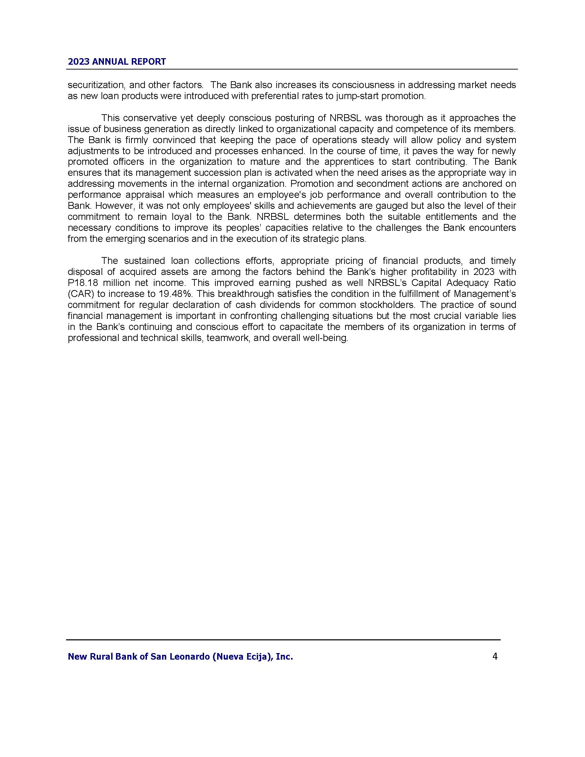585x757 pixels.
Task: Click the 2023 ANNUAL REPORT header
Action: tap(117, 62)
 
